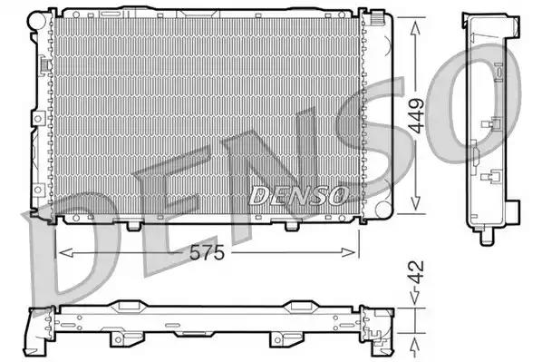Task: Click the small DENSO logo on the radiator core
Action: [297, 194]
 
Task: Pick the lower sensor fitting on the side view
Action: [494, 178]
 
